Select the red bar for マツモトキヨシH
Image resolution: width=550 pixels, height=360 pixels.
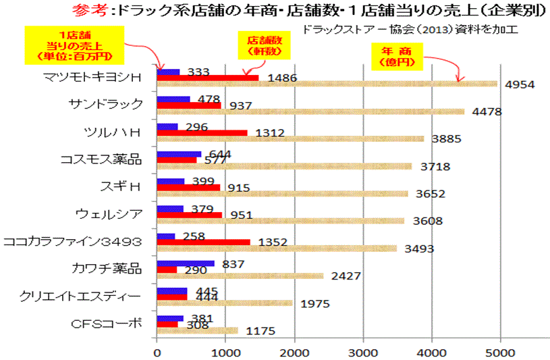(207, 78)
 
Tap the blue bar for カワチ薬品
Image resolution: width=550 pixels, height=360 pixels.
(185, 263)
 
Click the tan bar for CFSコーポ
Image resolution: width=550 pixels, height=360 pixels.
(197, 330)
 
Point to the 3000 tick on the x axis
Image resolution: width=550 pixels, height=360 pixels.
(363, 351)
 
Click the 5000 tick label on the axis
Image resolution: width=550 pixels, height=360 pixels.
(500, 351)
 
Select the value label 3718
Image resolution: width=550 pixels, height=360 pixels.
(435, 166)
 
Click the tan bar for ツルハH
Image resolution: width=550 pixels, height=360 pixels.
(290, 138)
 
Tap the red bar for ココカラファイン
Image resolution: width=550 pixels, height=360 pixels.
(203, 242)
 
